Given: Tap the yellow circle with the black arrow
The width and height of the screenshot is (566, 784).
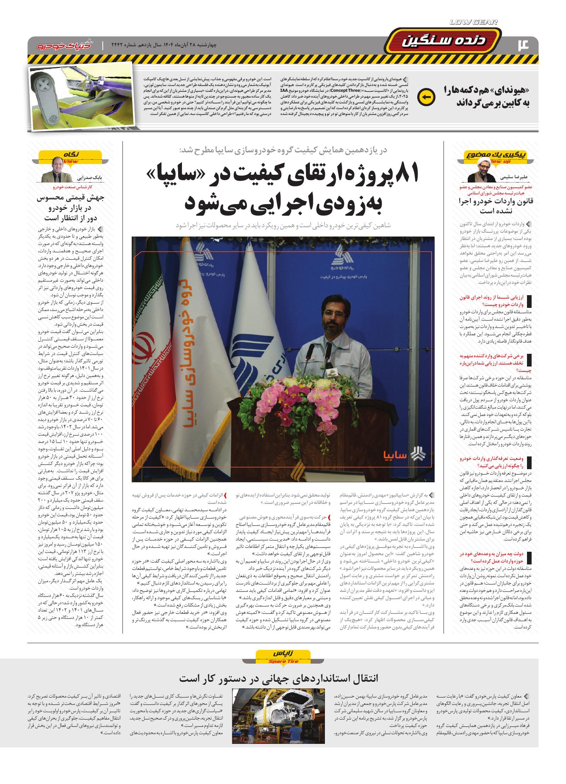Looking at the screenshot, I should (x=427, y=96).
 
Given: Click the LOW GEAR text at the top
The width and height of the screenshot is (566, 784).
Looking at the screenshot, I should (x=473, y=22).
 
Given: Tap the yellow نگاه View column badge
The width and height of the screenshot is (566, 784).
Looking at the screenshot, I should (x=71, y=155).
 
